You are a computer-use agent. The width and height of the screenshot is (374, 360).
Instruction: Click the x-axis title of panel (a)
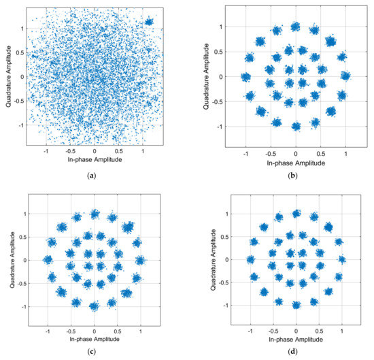point(93,161)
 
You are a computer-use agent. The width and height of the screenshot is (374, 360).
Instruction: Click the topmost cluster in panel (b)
point(295,27)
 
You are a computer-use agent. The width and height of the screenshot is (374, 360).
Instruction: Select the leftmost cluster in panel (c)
point(47,259)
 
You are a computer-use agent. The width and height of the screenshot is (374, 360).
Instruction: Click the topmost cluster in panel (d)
point(295,214)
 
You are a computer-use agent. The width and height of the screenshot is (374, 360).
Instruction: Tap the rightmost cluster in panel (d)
point(342,259)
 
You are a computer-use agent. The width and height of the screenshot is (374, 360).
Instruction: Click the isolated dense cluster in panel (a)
point(150,22)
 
